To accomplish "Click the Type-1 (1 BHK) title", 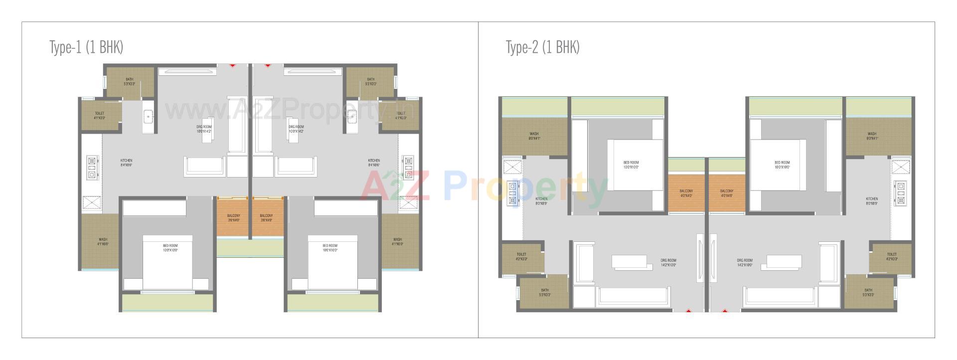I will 86,47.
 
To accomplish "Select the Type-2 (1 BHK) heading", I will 543,47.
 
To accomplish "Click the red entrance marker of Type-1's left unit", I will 232,65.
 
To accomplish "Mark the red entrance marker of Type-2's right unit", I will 725,311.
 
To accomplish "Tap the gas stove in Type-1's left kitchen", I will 92,168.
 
